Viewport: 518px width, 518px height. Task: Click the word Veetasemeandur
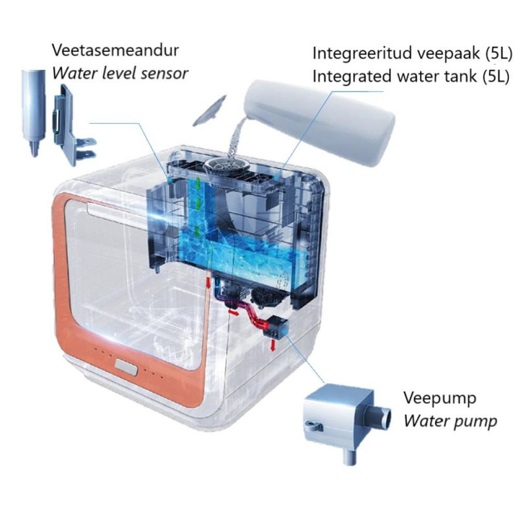[115, 51]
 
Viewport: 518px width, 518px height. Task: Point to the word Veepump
[440, 398]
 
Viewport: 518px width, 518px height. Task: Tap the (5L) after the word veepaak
[499, 54]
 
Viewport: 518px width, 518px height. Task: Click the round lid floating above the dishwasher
[209, 111]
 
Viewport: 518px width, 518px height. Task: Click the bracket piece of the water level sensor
[73, 125]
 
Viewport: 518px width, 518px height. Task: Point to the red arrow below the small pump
[273, 345]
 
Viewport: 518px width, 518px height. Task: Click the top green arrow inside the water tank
[198, 182]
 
